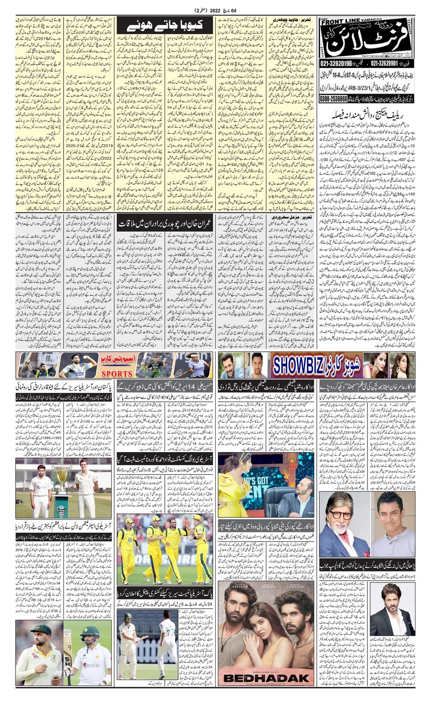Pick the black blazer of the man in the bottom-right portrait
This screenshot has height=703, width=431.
pos(385,619)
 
